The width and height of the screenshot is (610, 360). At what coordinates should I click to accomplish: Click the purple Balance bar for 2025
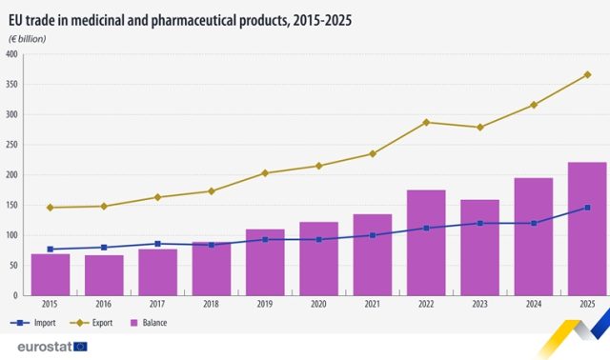587,229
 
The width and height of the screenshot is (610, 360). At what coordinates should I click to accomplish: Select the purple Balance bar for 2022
426,243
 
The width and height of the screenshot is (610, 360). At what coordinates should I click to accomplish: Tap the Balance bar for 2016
104,274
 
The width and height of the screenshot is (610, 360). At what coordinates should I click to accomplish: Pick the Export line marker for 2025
587,74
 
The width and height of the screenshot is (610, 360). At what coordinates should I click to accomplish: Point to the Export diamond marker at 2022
426,122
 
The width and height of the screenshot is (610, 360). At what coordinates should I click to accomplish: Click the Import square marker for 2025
587,207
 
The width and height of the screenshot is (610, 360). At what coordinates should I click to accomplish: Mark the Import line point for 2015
50,250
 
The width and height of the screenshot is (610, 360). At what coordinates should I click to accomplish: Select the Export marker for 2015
50,208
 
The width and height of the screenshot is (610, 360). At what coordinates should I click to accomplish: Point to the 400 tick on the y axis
12,54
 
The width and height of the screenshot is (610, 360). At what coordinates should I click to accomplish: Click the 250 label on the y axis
12,145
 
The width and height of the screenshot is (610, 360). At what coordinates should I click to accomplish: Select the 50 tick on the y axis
14,266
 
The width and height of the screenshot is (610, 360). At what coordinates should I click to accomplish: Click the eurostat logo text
36,347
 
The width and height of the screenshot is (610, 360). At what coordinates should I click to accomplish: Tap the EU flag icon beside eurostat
80,347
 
